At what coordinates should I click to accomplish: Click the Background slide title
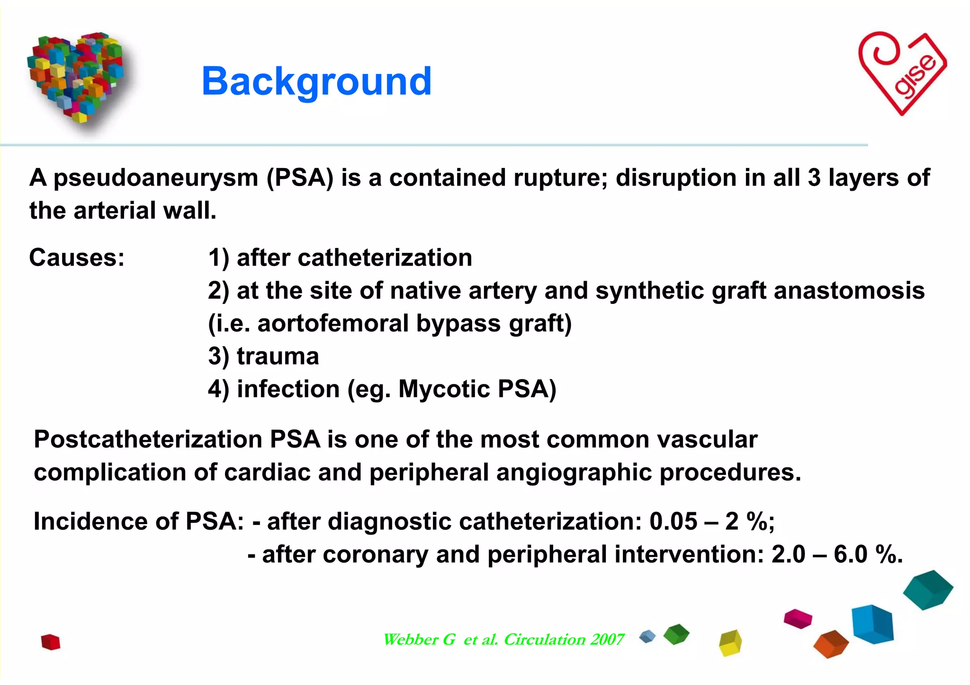pyautogui.click(x=316, y=81)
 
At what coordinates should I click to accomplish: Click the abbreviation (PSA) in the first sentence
pyautogui.click(x=300, y=178)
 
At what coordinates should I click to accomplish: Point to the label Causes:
pyautogui.click(x=77, y=258)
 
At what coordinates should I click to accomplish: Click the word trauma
pyautogui.click(x=278, y=356)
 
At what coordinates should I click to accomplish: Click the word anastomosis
pyautogui.click(x=849, y=291)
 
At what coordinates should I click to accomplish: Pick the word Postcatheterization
pyautogui.click(x=148, y=439)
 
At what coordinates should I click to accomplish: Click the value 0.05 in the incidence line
pyautogui.click(x=673, y=522)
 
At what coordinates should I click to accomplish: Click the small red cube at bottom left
pyautogui.click(x=51, y=642)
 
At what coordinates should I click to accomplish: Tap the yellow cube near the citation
pyautogui.click(x=730, y=643)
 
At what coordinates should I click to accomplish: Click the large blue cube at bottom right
pyautogui.click(x=872, y=624)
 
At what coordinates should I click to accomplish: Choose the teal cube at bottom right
pyautogui.click(x=927, y=589)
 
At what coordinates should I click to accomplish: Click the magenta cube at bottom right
pyautogui.click(x=798, y=618)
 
